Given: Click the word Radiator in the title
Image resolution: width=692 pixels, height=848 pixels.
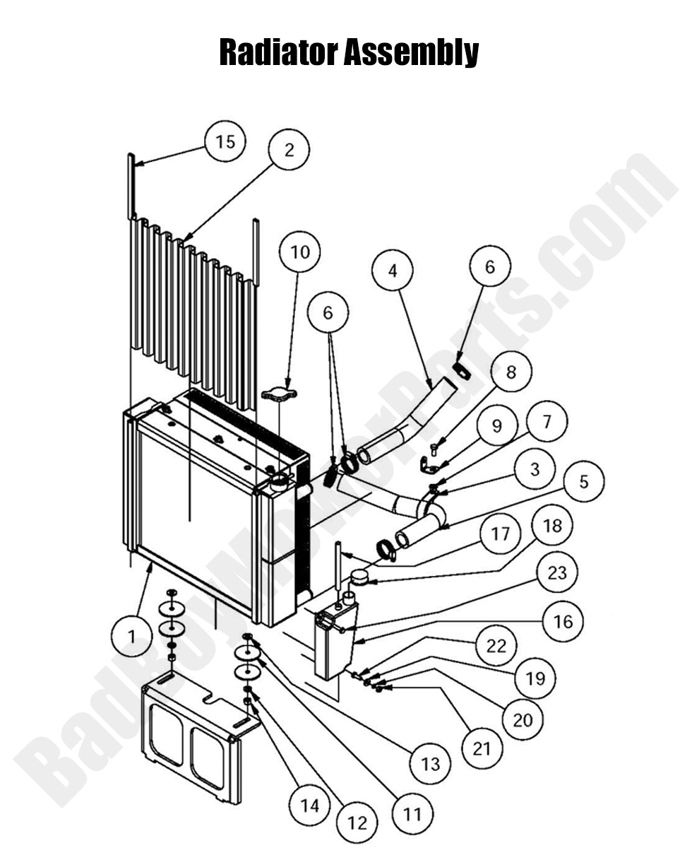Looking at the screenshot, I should (278, 52).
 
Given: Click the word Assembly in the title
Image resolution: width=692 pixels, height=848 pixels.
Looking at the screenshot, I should (412, 52).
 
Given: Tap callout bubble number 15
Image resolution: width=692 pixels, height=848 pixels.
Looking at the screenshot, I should (225, 142).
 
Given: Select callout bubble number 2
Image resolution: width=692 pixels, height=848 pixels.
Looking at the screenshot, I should (288, 150).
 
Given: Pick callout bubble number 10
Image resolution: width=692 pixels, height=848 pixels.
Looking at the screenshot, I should (299, 252).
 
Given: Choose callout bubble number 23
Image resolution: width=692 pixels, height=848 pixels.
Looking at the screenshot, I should (557, 571).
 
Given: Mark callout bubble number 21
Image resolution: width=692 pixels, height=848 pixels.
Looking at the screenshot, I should (482, 748).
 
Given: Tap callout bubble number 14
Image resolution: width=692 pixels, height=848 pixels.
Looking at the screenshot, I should (309, 805).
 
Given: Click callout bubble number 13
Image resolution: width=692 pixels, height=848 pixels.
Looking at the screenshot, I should (430, 763).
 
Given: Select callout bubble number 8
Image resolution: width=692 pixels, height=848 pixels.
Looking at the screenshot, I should (511, 373).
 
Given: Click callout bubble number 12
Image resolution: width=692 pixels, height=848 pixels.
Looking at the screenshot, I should (357, 822).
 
